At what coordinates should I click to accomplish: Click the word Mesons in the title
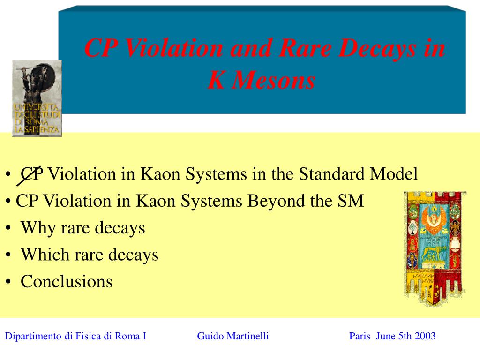pyautogui.click(x=274, y=80)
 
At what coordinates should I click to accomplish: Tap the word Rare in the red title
pyautogui.click(x=305, y=48)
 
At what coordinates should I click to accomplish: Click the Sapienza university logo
pyautogui.click(x=37, y=98)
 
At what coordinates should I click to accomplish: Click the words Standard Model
pyautogui.click(x=358, y=174)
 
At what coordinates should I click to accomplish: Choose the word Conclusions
pyautogui.click(x=67, y=281)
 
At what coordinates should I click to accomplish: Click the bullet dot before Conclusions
pyautogui.click(x=8, y=282)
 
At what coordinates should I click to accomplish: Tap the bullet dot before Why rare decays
pyautogui.click(x=8, y=228)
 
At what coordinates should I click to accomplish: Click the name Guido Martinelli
pyautogui.click(x=233, y=336)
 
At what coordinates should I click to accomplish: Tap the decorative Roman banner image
pyautogui.click(x=435, y=248)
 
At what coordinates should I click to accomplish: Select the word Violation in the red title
pyautogui.click(x=173, y=48)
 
